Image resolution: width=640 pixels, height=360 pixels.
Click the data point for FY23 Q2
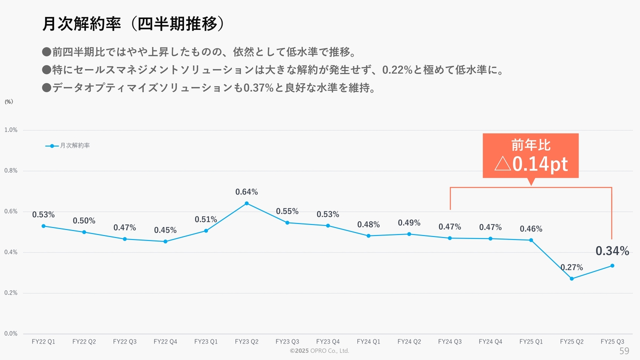246,203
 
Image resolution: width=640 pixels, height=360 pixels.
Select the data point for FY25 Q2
571,278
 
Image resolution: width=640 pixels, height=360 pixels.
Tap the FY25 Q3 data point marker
612,265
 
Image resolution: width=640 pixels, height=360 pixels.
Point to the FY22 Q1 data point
43,226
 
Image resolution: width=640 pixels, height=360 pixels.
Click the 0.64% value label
246,192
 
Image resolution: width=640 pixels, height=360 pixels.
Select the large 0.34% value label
612,251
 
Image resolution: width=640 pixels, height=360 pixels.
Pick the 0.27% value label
571,267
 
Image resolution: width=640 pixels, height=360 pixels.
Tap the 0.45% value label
165,230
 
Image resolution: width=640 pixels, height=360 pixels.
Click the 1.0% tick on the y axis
11,130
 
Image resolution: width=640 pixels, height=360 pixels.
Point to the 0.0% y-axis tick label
11,333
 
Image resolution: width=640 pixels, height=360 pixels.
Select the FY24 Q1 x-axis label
368,342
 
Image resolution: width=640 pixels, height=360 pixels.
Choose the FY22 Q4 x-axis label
165,342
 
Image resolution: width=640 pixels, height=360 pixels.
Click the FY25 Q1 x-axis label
531,342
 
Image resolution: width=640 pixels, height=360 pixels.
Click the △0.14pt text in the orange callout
530,164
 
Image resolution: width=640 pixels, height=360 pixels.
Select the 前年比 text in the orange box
530,145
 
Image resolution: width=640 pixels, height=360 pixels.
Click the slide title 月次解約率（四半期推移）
132,24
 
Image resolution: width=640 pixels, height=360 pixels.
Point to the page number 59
624,350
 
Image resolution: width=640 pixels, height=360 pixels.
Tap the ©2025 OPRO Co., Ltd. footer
319,351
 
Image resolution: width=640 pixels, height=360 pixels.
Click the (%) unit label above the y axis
9,101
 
